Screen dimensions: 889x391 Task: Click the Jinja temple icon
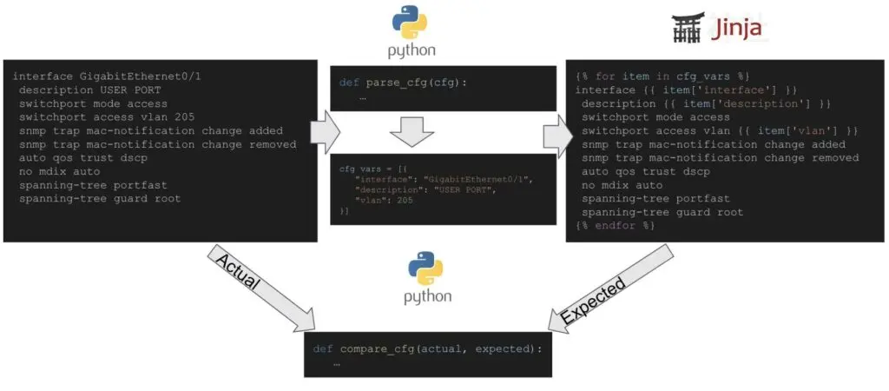(x=686, y=29)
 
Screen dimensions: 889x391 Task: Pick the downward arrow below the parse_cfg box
(x=412, y=133)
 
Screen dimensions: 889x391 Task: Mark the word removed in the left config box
(x=272, y=145)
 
